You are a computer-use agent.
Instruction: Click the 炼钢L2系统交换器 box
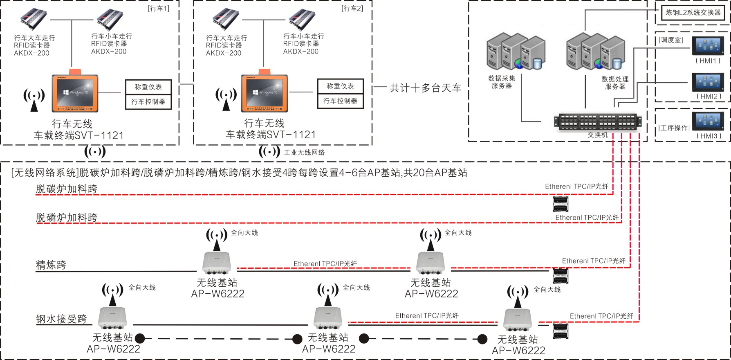(693, 13)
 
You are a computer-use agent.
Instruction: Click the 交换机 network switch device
(597, 122)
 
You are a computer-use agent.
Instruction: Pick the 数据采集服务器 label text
(502, 82)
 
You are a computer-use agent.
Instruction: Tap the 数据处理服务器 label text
(615, 83)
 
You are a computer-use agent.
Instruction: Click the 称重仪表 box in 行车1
(148, 87)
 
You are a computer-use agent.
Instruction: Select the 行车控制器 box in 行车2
(340, 101)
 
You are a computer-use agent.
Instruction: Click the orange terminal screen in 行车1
(75, 92)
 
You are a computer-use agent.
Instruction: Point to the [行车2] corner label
(352, 9)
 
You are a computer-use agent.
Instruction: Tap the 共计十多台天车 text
(425, 88)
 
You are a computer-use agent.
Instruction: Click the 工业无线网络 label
(304, 153)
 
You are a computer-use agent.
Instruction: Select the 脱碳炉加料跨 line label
(67, 189)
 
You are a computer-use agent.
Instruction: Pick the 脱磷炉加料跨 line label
(67, 218)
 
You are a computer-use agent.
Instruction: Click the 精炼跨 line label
(51, 265)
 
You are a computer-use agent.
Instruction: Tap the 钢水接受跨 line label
(61, 319)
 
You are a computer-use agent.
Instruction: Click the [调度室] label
(670, 40)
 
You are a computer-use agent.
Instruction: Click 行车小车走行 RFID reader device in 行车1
(110, 20)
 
